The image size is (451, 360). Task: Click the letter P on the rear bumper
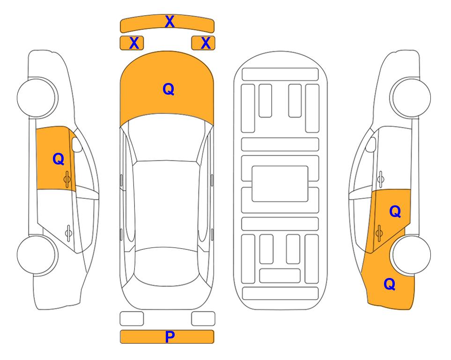(170, 337)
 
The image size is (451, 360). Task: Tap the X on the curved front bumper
(170, 22)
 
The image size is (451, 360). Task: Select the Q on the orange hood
(169, 89)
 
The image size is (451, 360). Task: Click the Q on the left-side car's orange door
(59, 159)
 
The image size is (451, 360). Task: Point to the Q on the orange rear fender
(390, 284)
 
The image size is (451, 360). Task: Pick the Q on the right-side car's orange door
(395, 212)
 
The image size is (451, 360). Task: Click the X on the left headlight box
(134, 43)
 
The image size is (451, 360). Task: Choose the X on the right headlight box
(206, 43)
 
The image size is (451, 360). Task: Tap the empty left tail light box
(132, 319)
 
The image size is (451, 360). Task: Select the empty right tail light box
(203, 319)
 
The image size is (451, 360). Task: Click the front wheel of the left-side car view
(37, 97)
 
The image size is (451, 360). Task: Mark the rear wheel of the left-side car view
(37, 255)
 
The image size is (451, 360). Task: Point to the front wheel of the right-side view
(411, 97)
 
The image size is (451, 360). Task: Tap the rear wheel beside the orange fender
(411, 255)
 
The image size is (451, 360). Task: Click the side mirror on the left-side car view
(77, 144)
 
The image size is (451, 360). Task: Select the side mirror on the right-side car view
(371, 144)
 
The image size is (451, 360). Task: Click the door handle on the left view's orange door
(67, 180)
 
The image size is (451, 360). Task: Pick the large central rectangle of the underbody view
(280, 184)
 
